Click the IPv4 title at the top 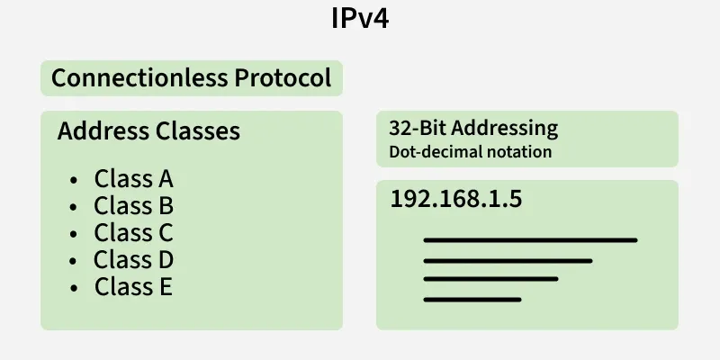360,19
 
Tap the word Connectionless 139,77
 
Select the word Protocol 283,77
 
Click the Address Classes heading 148,130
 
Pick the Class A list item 133,178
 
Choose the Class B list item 133,206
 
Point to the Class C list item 133,232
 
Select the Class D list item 133,259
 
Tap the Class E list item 133,286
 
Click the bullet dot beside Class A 74,181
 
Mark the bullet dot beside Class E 74,288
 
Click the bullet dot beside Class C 74,234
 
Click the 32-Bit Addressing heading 473,128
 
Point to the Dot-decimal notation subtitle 470,151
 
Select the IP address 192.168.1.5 456,199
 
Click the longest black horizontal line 530,240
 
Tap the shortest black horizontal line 472,300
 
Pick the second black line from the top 508,261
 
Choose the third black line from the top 490,279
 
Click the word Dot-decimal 435,151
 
